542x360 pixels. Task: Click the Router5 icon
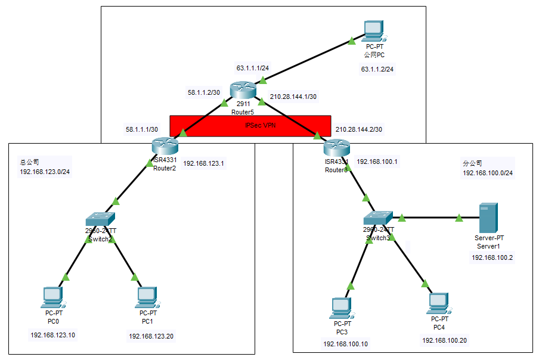pos(244,91)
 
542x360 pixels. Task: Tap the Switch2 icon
pos(100,219)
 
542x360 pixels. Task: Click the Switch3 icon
pos(378,219)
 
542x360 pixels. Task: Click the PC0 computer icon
pos(52,297)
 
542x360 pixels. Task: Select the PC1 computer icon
pos(147,297)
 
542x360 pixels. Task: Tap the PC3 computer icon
pos(342,308)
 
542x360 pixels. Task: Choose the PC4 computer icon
pos(438,303)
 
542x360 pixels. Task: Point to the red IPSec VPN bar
pos(250,125)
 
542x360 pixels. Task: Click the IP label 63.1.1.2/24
pos(377,69)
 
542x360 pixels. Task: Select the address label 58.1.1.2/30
pos(204,92)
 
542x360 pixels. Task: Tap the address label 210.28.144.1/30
pos(293,96)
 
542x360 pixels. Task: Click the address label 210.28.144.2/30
pos(359,129)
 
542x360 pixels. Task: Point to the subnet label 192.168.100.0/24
pos(488,173)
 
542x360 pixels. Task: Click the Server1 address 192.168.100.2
pos(493,257)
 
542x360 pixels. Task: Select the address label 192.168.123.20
pos(151,336)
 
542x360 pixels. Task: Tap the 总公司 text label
pos(26,162)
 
